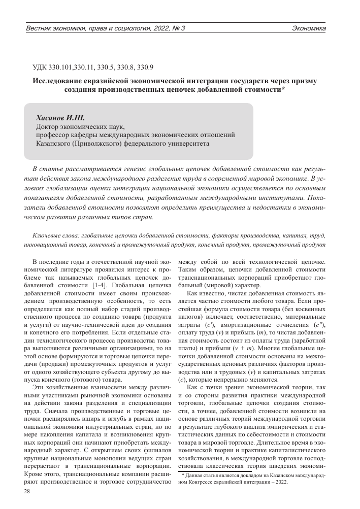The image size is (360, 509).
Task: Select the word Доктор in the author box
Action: [48, 126]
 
